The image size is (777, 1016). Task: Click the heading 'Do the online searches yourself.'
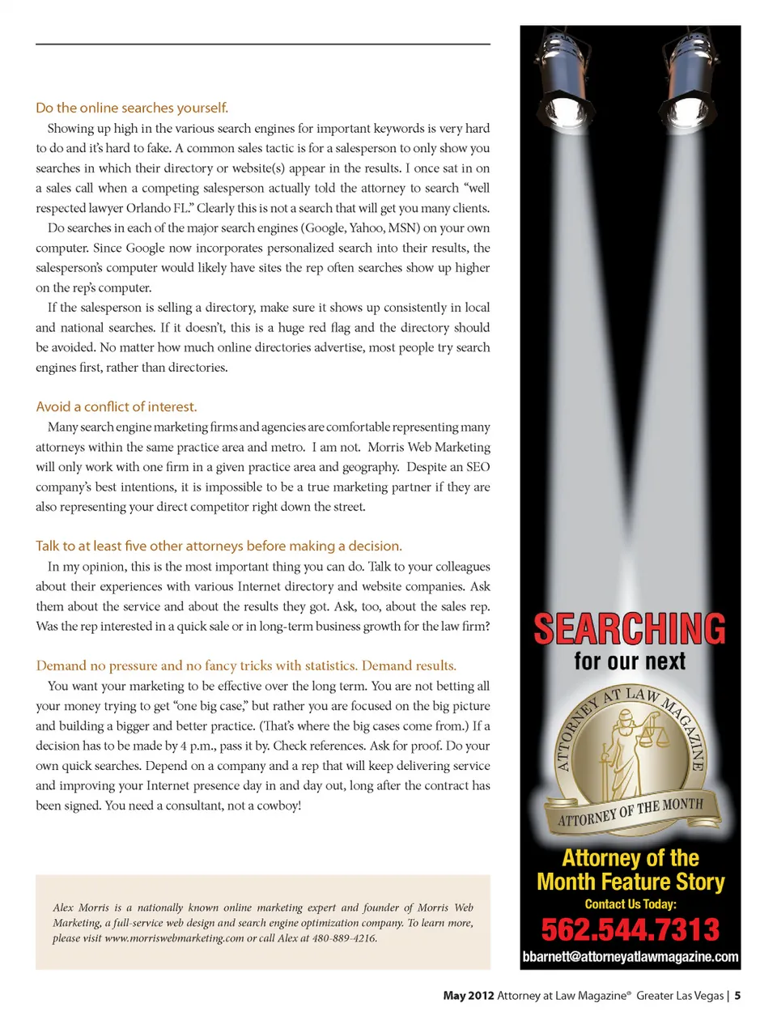(132, 108)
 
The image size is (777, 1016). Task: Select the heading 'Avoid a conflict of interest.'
(116, 406)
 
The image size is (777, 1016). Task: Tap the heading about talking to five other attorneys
(219, 546)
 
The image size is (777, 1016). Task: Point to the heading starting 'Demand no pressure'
(246, 665)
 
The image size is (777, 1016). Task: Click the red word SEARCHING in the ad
(630, 629)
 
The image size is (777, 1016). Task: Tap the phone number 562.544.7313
(630, 929)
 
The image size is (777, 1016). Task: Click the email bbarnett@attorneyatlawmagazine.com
(630, 957)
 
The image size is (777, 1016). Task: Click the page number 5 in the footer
(737, 996)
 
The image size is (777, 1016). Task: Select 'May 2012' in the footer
(468, 996)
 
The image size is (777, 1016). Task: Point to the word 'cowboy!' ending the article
(279, 806)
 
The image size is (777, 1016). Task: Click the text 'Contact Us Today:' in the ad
(630, 904)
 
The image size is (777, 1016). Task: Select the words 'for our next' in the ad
(630, 661)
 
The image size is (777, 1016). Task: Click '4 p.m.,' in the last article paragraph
(197, 746)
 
